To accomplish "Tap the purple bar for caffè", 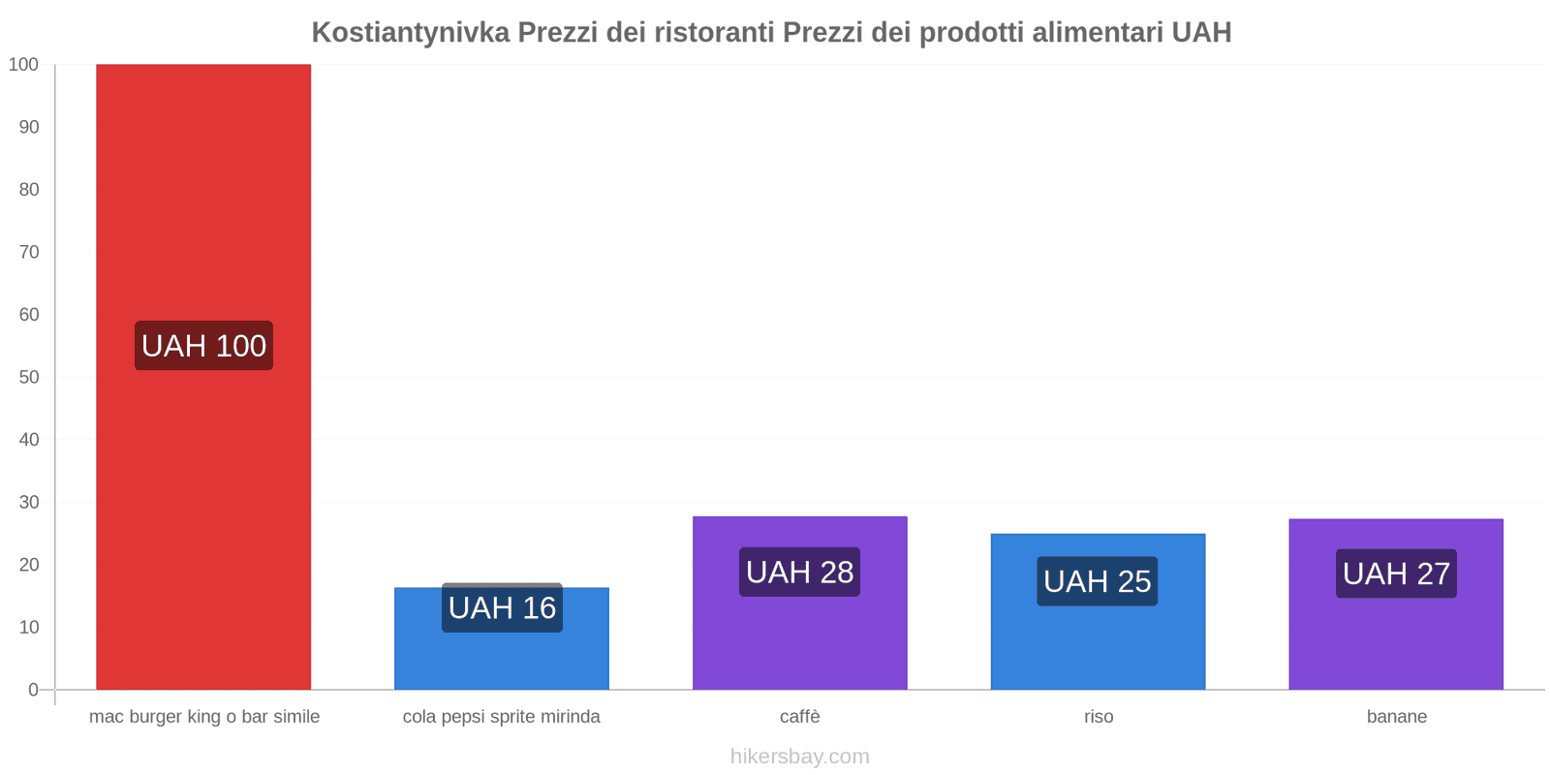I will [x=799, y=639].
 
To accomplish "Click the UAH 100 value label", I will [x=203, y=346].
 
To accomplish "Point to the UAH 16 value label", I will [x=502, y=608].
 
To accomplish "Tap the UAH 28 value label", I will [x=799, y=573].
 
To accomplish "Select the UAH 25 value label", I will [x=1098, y=581].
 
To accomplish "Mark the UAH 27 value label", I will [x=1396, y=573].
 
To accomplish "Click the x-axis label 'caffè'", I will [x=799, y=717].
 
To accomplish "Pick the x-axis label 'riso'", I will [x=1099, y=717].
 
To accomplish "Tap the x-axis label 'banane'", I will [x=1396, y=717].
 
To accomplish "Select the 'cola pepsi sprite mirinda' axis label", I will [x=502, y=717].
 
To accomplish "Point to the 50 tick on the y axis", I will [x=29, y=377].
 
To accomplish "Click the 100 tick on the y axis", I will [x=23, y=65].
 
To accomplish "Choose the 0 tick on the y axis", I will [x=34, y=690].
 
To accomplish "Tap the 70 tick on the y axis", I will [x=29, y=252].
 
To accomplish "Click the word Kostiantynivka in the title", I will [x=410, y=33].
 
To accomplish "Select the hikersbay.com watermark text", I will [x=799, y=757].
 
